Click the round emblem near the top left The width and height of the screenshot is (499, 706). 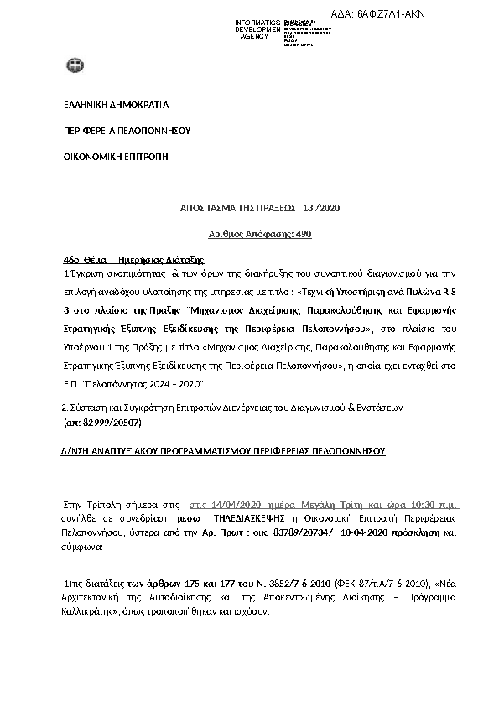pyautogui.click(x=75, y=65)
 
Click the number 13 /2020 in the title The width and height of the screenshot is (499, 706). pyautogui.click(x=321, y=208)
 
